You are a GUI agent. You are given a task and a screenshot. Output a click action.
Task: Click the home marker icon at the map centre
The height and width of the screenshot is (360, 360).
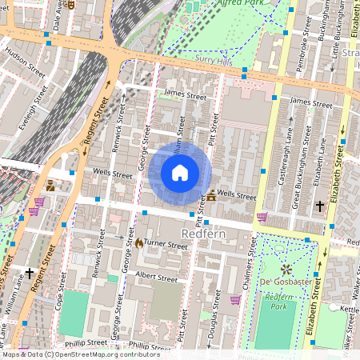coord(180,173)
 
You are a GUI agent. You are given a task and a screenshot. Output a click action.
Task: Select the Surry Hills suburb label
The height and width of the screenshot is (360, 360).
coord(214,59)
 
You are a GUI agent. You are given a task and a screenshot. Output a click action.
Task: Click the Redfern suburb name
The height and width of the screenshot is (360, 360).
coord(206,234)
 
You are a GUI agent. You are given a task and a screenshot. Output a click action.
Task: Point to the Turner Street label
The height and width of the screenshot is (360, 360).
coord(166,246)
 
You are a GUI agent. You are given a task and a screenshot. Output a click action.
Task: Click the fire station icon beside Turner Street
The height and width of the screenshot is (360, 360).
coord(138,242)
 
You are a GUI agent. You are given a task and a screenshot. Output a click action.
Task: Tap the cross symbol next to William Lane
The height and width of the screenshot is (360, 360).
coord(30,274)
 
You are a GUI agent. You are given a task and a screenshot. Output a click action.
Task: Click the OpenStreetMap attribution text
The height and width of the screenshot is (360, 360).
coord(80,354)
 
